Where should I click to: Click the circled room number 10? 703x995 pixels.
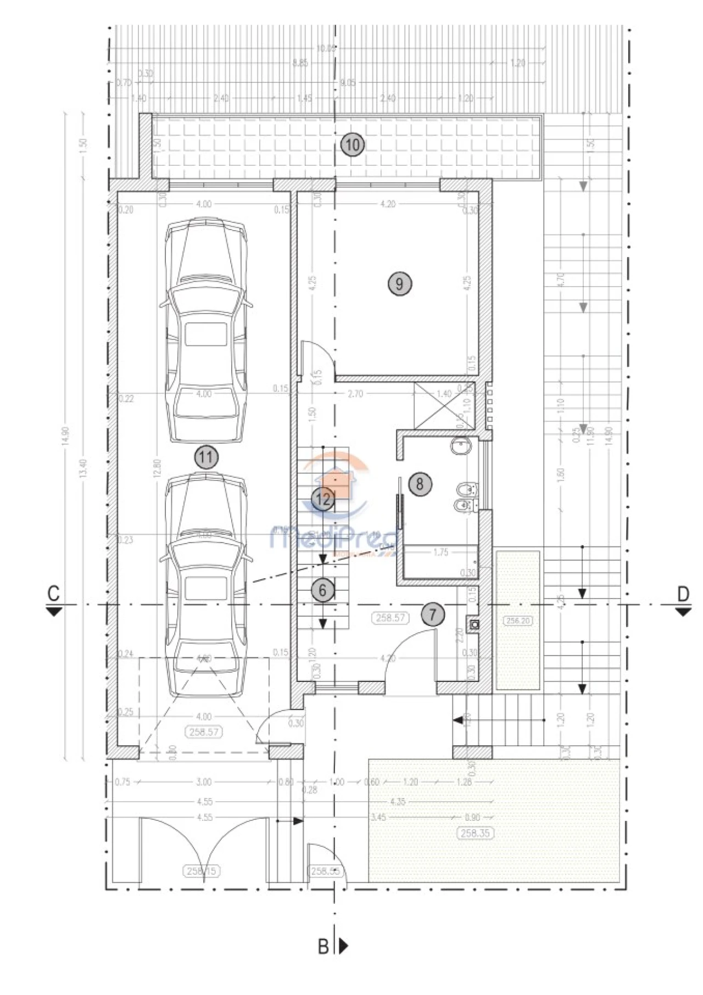(x=352, y=145)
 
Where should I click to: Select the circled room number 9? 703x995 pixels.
(x=399, y=284)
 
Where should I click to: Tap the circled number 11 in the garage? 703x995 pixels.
(x=206, y=457)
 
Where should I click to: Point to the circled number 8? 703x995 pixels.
(x=420, y=484)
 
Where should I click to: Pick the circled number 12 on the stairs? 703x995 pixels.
(x=322, y=499)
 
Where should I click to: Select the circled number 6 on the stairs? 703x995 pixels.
(x=322, y=590)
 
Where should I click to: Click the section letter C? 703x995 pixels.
(x=53, y=594)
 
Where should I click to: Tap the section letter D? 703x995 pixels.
(x=683, y=594)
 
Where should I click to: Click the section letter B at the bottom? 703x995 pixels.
(x=323, y=946)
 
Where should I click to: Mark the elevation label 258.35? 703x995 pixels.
(x=475, y=833)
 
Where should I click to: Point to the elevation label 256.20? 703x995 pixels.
(x=518, y=621)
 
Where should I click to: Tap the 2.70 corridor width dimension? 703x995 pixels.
(x=355, y=394)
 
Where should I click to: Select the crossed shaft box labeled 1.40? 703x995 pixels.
(x=438, y=405)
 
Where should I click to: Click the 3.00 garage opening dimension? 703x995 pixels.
(x=203, y=782)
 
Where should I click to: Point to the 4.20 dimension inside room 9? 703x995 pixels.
(x=388, y=204)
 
